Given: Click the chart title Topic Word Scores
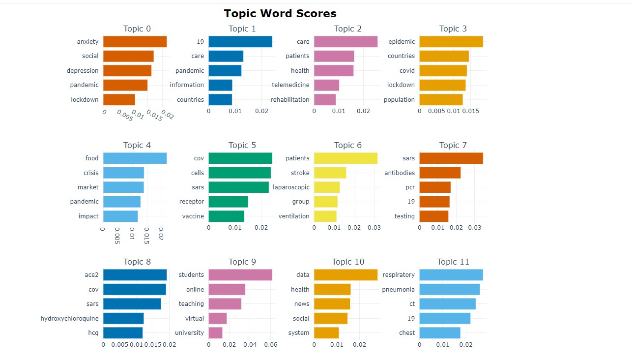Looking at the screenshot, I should click(x=280, y=13).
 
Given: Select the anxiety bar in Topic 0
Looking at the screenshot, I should click(x=135, y=42).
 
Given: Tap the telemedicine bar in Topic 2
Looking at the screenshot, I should click(x=326, y=85).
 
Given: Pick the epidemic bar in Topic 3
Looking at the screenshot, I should click(x=451, y=42).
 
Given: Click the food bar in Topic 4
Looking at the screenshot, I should click(x=135, y=158).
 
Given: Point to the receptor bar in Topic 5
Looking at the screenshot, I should click(x=228, y=202).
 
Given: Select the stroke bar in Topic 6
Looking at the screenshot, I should click(x=330, y=173).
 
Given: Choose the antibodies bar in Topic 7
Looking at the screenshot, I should click(x=440, y=173).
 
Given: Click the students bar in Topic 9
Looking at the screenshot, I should click(x=240, y=275).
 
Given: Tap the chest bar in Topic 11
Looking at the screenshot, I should click(x=440, y=333).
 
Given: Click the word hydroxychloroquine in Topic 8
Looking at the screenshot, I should click(x=69, y=318).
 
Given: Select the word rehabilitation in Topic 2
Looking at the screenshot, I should click(x=290, y=100).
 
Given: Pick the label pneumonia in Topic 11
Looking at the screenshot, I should click(x=399, y=289).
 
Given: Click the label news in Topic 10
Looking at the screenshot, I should click(x=302, y=304).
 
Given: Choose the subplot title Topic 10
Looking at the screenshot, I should click(x=348, y=262).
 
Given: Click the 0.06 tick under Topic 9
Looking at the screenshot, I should click(x=271, y=345).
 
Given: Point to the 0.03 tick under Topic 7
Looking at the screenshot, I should click(x=475, y=228).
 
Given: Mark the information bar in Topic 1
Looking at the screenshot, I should click(x=220, y=85).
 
